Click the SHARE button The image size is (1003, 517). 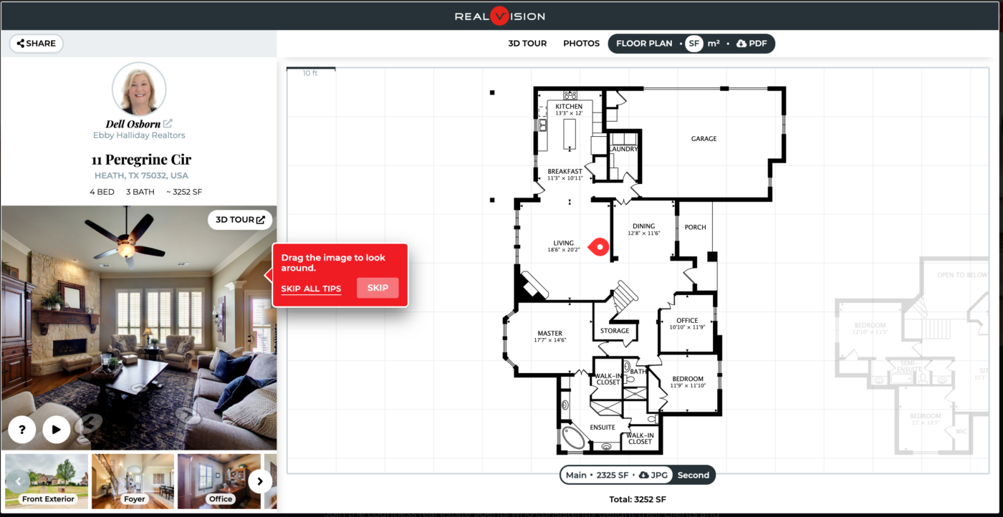point(37,44)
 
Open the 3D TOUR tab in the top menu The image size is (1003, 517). point(527,44)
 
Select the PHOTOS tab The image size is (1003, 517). point(581,44)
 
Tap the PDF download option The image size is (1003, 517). point(752,44)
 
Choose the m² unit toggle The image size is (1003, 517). point(714,44)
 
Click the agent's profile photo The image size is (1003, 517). point(139,90)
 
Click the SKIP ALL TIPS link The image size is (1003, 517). point(311,289)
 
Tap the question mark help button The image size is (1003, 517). point(22,430)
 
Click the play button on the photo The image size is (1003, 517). point(56,430)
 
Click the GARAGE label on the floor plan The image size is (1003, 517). point(704,139)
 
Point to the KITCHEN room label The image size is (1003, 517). point(569,107)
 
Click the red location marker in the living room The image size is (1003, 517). point(598,247)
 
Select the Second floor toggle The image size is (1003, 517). point(694,475)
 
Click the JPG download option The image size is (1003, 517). point(653,475)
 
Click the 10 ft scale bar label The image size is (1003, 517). point(310,73)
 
